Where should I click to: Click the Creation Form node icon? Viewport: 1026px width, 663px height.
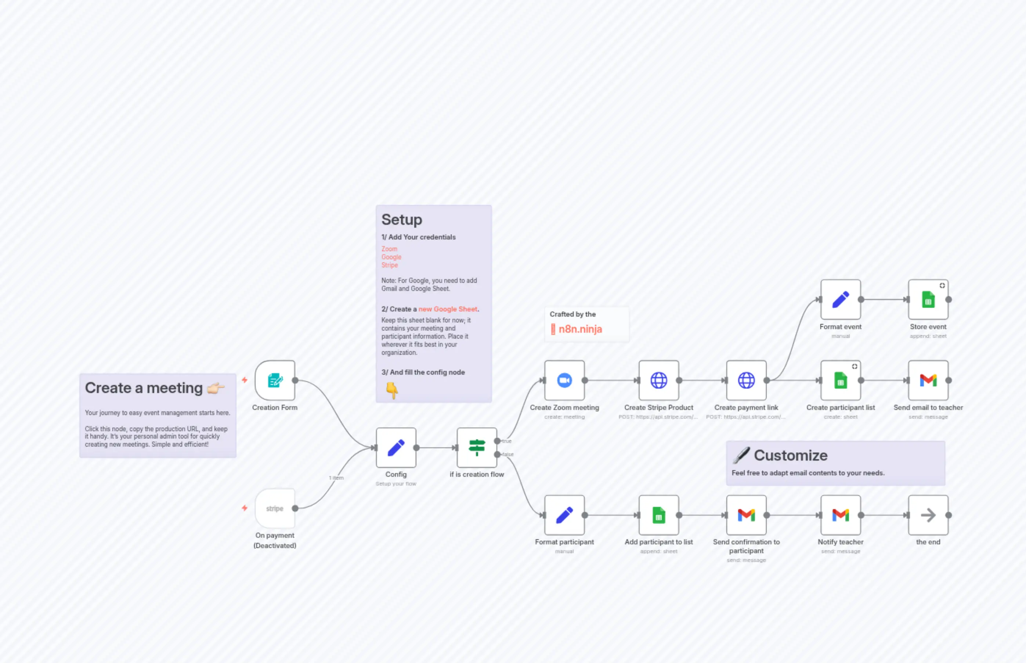275,380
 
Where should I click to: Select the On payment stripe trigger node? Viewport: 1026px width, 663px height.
275,508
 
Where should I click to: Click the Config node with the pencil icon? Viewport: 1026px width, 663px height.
396,448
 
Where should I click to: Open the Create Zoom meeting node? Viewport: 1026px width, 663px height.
564,380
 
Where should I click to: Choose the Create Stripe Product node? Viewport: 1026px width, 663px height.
658,380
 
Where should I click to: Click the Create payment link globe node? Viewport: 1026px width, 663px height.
746,380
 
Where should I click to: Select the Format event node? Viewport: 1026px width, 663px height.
841,300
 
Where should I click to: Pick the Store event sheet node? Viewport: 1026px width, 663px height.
928,300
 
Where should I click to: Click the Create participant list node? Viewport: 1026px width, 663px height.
841,380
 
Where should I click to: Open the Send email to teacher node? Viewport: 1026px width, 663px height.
928,380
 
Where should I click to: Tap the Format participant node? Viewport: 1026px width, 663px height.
564,515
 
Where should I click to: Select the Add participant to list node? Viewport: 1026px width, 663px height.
658,515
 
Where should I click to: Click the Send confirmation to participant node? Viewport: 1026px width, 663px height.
746,515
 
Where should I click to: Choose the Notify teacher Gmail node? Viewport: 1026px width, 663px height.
841,515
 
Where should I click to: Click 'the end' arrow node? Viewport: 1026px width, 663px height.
928,515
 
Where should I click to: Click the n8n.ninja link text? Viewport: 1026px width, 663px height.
580,329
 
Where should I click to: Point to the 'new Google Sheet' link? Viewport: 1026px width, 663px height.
448,309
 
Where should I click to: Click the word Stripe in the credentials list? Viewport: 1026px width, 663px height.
390,265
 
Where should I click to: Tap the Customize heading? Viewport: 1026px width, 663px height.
790,455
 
